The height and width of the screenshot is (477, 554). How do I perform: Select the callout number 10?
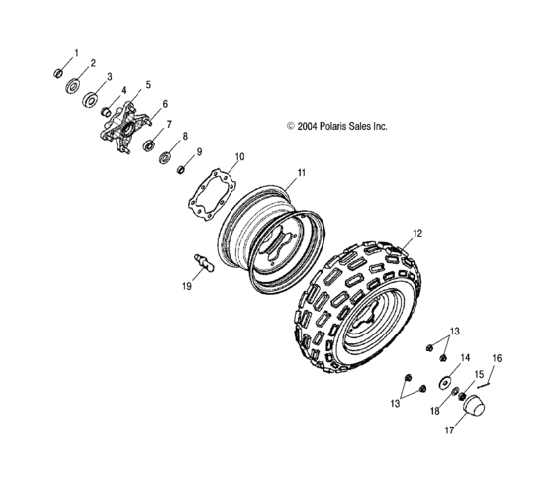coord(237,157)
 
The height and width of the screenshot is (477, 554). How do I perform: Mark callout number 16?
coord(497,357)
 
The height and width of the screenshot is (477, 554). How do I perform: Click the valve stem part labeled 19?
coord(202,264)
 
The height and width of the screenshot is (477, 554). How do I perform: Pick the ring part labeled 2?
coord(75,87)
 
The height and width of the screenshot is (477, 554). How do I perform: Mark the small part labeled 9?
coord(181,169)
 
